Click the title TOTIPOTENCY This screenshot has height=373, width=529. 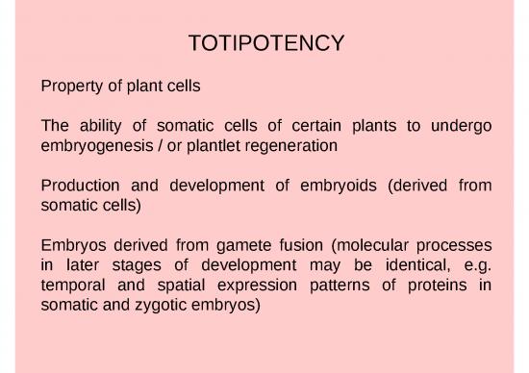point(265,44)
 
